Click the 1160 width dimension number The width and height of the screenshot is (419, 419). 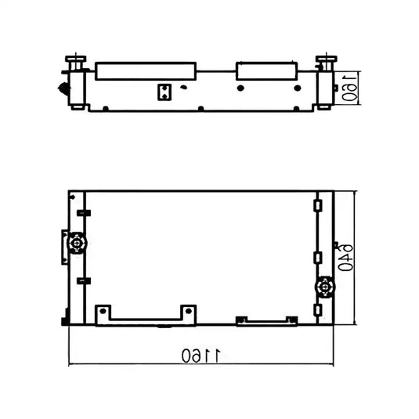coord(201,356)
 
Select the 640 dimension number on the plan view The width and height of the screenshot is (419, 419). coord(345,258)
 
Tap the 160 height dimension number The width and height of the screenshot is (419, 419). coord(349,88)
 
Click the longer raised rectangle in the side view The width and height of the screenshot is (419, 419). coord(146,71)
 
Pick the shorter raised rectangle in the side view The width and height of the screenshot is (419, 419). coord(267,70)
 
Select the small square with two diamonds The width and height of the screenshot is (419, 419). coord(164,92)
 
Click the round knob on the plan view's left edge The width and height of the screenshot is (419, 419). coord(77,243)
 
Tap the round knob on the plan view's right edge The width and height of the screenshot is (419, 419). coord(325,287)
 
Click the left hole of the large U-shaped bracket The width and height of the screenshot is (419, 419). coord(103,311)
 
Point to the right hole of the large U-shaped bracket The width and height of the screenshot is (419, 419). coord(189,311)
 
